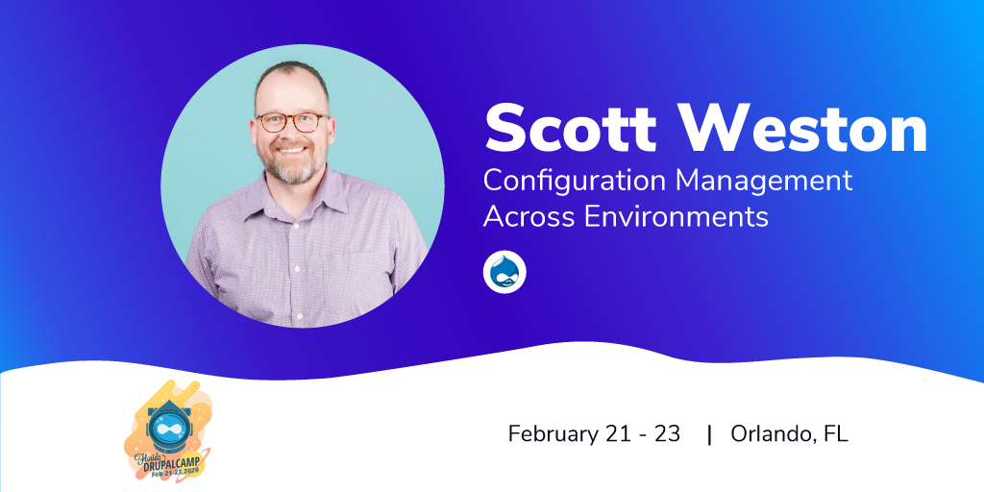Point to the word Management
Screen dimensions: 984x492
pos(764,181)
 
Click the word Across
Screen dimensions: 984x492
pos(529,217)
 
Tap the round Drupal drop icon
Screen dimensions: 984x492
pos(504,272)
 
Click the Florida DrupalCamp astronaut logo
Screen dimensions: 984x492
pos(168,432)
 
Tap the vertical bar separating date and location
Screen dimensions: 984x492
pos(710,434)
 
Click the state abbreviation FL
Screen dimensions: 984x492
pos(837,433)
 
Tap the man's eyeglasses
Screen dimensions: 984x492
pos(292,122)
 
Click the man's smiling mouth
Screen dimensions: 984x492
pos(292,150)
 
